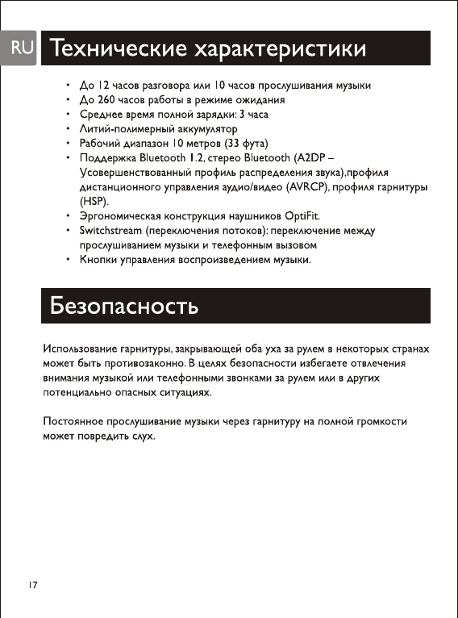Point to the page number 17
tap(32, 583)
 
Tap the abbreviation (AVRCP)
tap(310, 187)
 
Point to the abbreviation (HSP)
tap(94, 202)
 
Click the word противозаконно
tap(139, 364)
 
